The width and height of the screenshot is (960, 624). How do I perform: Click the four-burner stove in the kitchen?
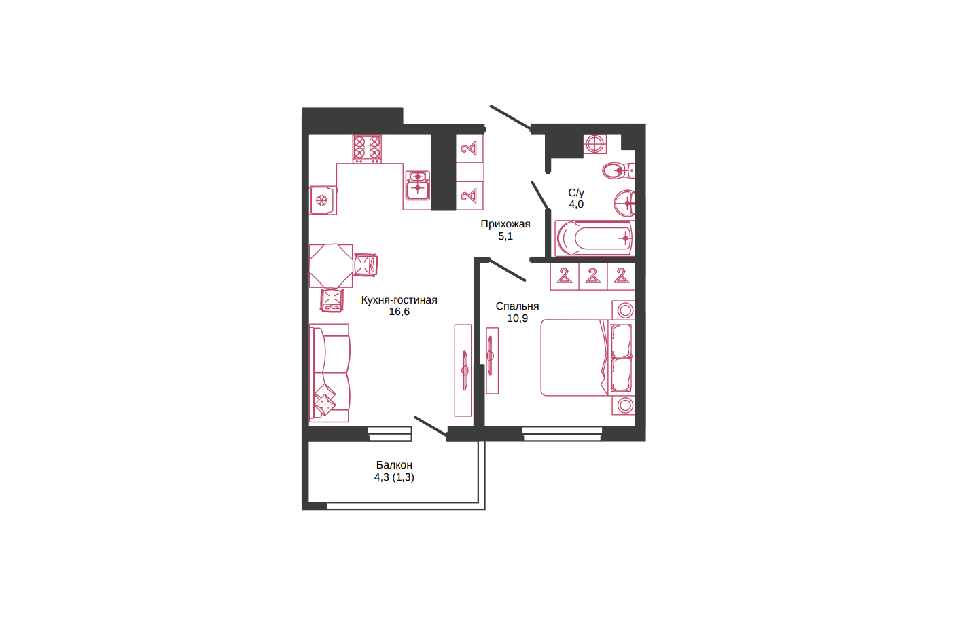coord(367,149)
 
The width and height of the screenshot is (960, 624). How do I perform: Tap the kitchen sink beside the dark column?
coord(417,185)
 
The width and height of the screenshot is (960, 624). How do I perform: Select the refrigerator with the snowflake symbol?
coord(323,200)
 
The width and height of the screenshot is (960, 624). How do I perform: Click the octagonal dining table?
coord(331,266)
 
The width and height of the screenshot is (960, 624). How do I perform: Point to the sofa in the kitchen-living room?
coord(330,373)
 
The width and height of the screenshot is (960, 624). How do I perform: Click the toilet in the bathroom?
coord(618,170)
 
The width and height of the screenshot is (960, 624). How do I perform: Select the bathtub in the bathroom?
coord(594,238)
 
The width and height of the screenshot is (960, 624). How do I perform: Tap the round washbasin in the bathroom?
coord(625,203)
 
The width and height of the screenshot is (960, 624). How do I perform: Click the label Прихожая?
coord(505,224)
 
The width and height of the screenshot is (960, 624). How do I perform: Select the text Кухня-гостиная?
coord(399,300)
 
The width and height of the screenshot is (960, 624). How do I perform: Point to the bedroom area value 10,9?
coord(517,318)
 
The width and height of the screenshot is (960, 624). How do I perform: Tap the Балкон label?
coord(394,464)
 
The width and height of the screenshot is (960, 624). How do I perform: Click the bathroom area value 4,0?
coord(576,204)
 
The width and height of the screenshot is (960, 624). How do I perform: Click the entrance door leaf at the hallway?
coord(510,117)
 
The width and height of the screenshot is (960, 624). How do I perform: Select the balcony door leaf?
coord(431,426)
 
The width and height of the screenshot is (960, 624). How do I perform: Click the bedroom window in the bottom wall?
coord(562,434)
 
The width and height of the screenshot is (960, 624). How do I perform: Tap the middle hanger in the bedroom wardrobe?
coord(592,276)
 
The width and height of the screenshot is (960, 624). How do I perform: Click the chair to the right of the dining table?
coord(366,265)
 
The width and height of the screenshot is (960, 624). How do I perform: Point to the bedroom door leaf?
coord(508,270)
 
